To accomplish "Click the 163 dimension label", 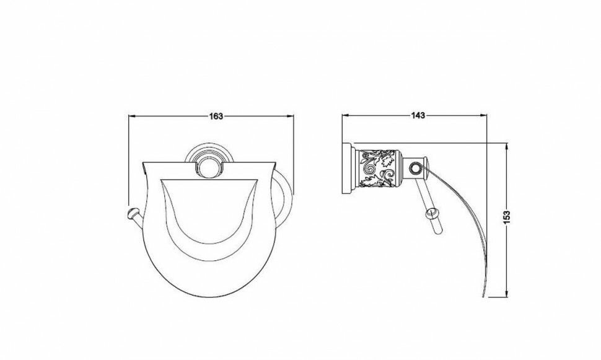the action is [216, 116].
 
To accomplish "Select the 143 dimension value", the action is [418, 115].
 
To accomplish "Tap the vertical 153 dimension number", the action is [507, 217].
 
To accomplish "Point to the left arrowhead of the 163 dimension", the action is [131, 116].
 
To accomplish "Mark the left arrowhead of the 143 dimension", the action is [345, 115].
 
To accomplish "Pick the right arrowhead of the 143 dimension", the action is [483, 115].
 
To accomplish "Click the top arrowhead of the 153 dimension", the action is [507, 146].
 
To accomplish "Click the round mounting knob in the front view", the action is [208, 169].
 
